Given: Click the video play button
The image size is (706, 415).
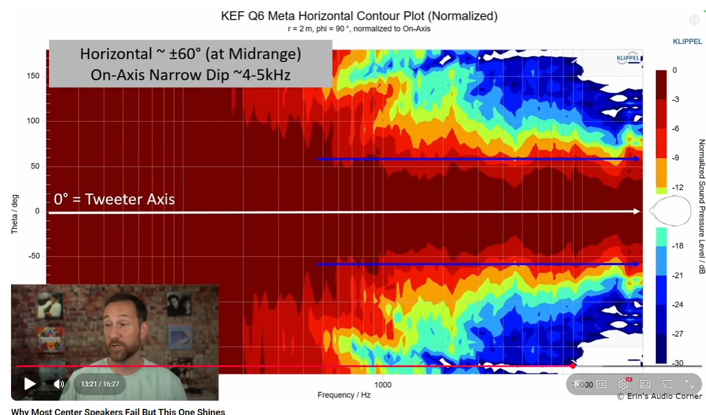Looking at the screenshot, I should tap(30, 384).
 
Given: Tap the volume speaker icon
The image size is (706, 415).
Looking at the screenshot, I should tap(59, 384).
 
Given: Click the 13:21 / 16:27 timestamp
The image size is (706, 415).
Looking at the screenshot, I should tap(100, 384).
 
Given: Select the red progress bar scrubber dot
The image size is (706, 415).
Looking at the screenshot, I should tap(573, 365).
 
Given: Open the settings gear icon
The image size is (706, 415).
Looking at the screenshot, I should tap(623, 384).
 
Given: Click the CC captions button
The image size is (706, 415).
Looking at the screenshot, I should tap(601, 384).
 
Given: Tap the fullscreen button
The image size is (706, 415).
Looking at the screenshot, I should tap(689, 384).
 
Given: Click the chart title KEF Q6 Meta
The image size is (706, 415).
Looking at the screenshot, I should tap(359, 16).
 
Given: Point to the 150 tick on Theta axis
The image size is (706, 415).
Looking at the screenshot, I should tap(33, 76).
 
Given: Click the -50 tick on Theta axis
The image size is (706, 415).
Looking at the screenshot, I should tap(34, 256).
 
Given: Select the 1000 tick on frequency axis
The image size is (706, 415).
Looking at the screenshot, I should tap(383, 385).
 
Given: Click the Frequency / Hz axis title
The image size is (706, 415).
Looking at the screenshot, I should tap(344, 395).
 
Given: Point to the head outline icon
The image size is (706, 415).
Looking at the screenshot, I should tap(670, 211).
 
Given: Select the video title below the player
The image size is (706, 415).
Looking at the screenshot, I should tap(118, 411).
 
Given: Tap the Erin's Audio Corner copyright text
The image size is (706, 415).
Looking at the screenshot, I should tap(659, 396).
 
